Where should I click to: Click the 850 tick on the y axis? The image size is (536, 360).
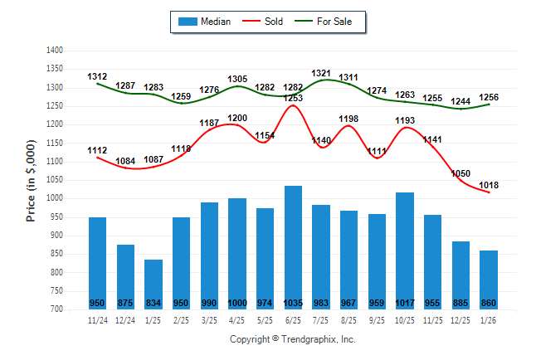56,254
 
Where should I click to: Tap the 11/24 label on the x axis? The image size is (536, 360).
98,319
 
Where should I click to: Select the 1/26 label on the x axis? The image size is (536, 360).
489,319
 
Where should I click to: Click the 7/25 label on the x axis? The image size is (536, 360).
321,319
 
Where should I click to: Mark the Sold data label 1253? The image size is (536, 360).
293,98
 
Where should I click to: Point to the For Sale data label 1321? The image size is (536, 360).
321,74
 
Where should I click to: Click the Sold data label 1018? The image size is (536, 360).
489,185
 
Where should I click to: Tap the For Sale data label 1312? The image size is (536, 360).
98,77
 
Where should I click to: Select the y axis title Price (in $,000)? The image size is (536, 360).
31,179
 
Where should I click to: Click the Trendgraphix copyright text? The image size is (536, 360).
292,340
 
